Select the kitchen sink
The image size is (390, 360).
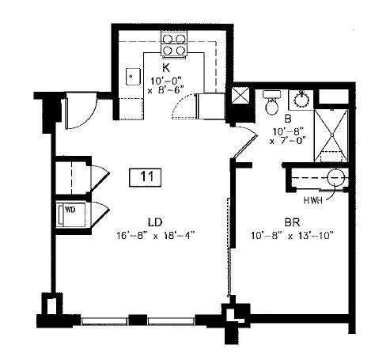click(x=131, y=77)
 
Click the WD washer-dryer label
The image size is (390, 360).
click(x=70, y=210)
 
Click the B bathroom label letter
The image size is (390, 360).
click(x=278, y=119)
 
